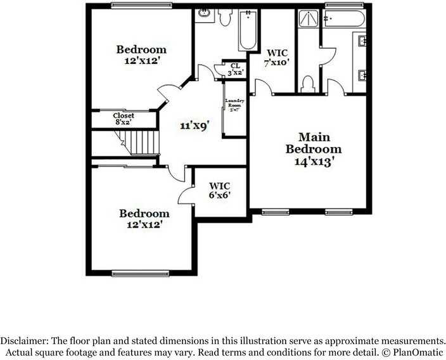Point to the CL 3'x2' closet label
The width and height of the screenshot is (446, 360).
point(235,69)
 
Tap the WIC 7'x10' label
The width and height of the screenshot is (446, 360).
point(276,58)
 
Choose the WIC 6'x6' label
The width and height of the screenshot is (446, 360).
point(219,190)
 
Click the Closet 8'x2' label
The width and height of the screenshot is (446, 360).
point(124,119)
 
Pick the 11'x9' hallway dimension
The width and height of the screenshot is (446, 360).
point(194,125)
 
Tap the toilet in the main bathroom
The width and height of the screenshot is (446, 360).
point(309,83)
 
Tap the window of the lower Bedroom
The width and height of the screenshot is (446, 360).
point(133,273)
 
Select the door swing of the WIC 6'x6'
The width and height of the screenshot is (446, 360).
point(186,194)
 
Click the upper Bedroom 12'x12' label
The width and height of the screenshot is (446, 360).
point(141,55)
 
